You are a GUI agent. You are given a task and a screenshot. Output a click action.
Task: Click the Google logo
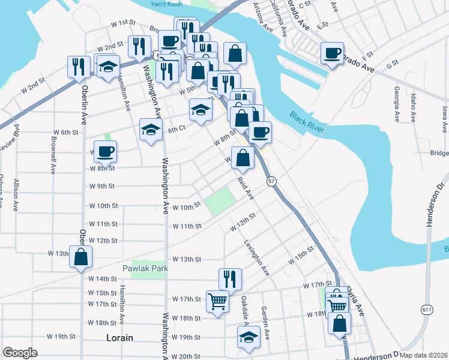(x=20, y=353)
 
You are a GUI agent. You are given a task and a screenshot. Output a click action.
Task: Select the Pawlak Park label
(x=145, y=268)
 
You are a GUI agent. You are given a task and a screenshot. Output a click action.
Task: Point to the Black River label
(x=307, y=122)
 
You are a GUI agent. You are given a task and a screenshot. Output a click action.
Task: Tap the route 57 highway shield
(x=272, y=181)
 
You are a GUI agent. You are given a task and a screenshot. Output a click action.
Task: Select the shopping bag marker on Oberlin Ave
(x=80, y=257)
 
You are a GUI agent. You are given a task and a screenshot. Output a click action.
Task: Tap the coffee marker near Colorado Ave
(x=331, y=53)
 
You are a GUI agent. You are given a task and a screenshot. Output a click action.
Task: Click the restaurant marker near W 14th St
(x=230, y=278)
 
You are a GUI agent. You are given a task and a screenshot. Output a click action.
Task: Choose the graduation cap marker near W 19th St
(x=248, y=337)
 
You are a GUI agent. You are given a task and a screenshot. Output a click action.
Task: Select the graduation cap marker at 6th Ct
(x=151, y=130)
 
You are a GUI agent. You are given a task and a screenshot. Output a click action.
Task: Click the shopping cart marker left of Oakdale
(x=217, y=301)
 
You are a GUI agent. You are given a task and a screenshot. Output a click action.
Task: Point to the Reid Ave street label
(x=245, y=188)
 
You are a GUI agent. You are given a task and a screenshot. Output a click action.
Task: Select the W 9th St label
(x=101, y=186)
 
